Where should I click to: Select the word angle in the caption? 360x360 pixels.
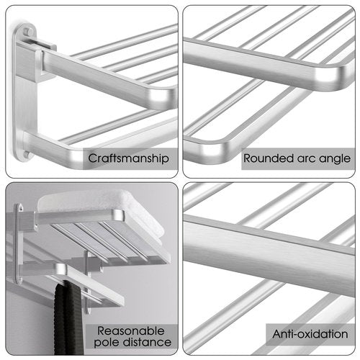point(333,158)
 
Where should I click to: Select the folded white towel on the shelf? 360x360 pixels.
point(101,205)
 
